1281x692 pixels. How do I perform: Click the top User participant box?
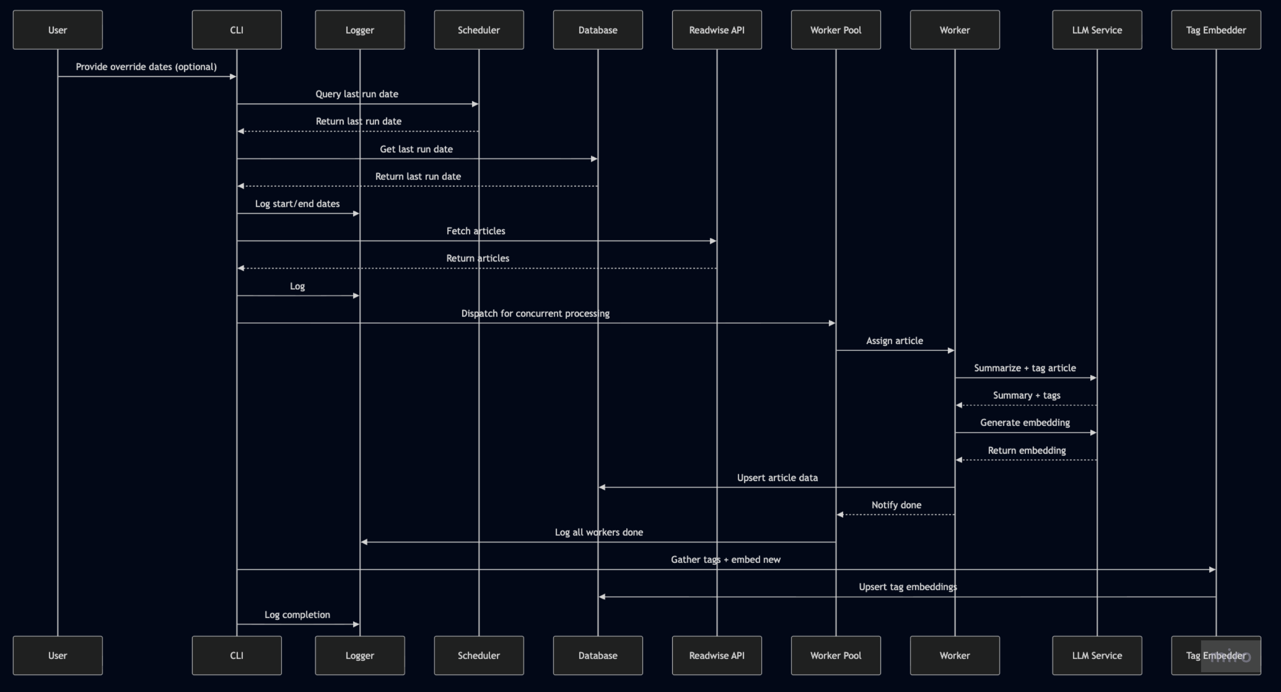(x=58, y=30)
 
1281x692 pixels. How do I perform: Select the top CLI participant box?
(x=237, y=30)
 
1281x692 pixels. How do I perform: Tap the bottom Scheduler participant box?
(x=478, y=655)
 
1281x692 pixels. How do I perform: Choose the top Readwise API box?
(x=717, y=30)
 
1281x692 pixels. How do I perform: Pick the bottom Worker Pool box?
(x=836, y=655)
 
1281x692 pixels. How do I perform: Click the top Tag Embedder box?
(x=1216, y=30)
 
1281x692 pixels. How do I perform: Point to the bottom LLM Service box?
(x=1096, y=655)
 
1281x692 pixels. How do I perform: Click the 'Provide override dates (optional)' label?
(x=146, y=67)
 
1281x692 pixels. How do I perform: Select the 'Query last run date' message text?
(x=356, y=94)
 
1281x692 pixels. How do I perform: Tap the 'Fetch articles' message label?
(x=475, y=231)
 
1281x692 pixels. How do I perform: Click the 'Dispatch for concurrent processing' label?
(x=535, y=313)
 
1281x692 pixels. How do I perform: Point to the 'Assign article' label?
(x=894, y=341)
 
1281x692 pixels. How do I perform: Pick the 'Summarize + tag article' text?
(x=1024, y=368)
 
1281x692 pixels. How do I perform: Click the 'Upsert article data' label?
(x=777, y=478)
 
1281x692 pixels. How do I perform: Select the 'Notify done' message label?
(x=896, y=505)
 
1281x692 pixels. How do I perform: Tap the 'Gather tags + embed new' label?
(x=725, y=560)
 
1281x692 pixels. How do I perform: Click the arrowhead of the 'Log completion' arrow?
(x=356, y=624)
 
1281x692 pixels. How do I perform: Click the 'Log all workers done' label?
(x=599, y=532)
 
